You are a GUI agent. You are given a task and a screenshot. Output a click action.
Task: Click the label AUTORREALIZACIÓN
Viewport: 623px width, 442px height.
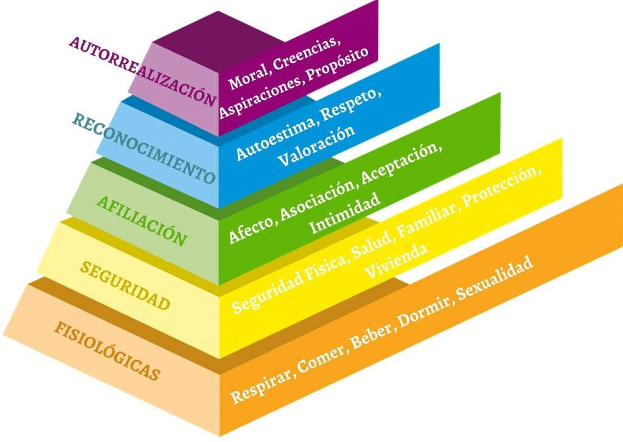coord(142,72)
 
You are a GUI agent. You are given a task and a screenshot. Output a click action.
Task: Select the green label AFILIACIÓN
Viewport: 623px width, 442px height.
coord(142,221)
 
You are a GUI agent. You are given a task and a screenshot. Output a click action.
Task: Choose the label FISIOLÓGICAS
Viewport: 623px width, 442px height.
coord(107,351)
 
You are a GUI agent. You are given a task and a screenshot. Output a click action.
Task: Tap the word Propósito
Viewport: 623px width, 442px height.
coord(339,64)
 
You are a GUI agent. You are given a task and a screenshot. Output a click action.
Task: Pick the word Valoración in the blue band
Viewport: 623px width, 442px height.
coord(316,146)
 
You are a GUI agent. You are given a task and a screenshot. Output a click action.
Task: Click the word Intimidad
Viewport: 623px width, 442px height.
coord(344,213)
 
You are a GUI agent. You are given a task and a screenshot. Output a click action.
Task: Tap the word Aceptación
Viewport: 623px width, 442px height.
coord(402,164)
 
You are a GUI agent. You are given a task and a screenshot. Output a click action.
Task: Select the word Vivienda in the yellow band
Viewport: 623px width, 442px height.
coord(396,261)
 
